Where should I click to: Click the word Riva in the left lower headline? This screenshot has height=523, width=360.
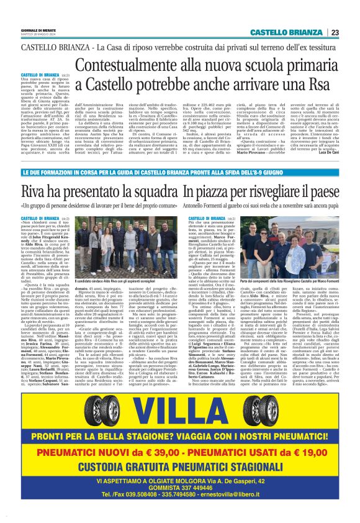(34, 175)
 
